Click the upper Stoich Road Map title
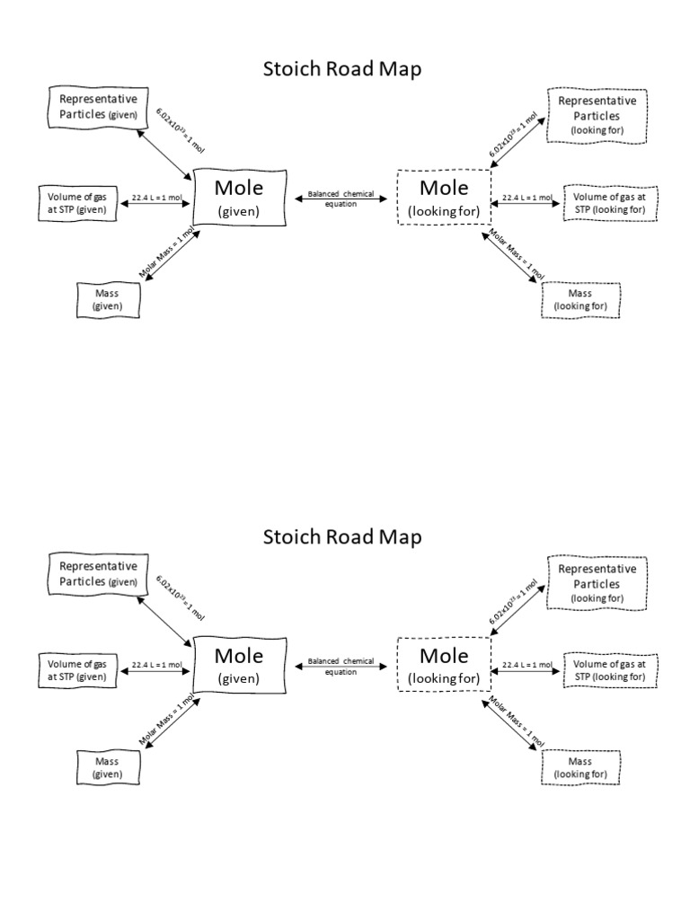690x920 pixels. [341, 68]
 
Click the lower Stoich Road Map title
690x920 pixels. [341, 536]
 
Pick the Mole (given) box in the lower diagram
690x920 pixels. [239, 665]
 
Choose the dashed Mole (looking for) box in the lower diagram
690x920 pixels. [444, 665]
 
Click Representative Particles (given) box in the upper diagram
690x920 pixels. [98, 108]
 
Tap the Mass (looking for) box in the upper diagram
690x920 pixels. [580, 299]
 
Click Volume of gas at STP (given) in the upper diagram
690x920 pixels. [78, 203]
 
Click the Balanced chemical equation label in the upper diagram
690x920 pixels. [341, 198]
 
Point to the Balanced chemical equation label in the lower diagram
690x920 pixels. [341, 665]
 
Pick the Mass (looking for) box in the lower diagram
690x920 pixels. [580, 767]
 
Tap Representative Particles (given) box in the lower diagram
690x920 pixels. [98, 575]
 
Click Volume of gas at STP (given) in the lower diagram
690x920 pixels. [78, 670]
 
